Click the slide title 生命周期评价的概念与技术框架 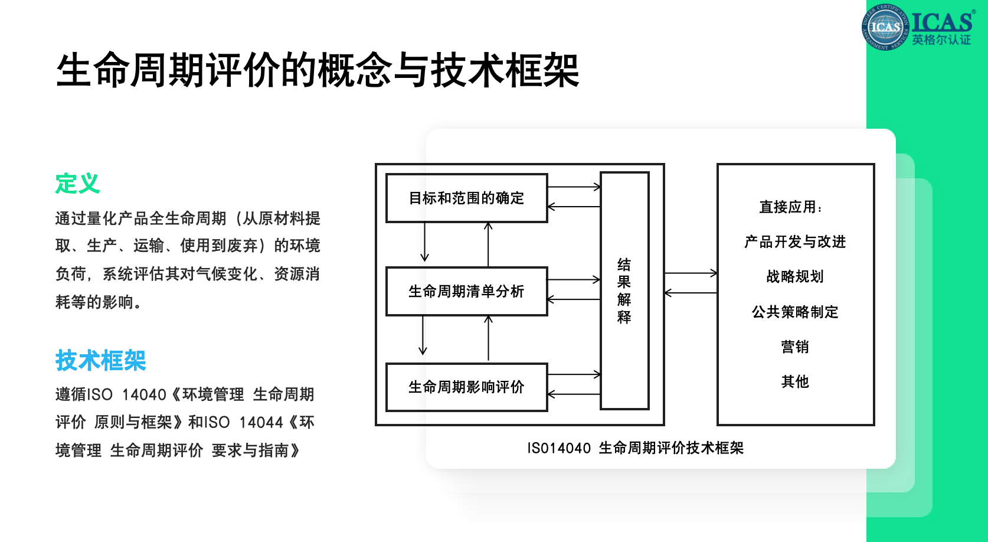point(318,70)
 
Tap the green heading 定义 point(78,183)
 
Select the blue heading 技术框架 point(100,360)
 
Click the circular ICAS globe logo point(885,27)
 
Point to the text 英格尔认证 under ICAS point(941,40)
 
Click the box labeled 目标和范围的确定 point(467,198)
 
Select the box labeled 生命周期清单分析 point(467,291)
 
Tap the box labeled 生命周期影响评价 point(467,387)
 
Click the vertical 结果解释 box point(624,291)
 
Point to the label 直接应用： point(791,207)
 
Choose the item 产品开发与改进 point(795,241)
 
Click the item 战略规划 point(795,276)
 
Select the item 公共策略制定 point(795,312)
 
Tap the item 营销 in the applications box point(795,347)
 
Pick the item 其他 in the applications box point(795,381)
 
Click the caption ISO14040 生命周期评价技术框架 point(636,448)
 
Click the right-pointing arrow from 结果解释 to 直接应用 point(691,273)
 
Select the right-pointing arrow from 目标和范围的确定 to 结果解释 point(574,187)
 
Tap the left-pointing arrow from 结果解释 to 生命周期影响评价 point(574,394)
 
